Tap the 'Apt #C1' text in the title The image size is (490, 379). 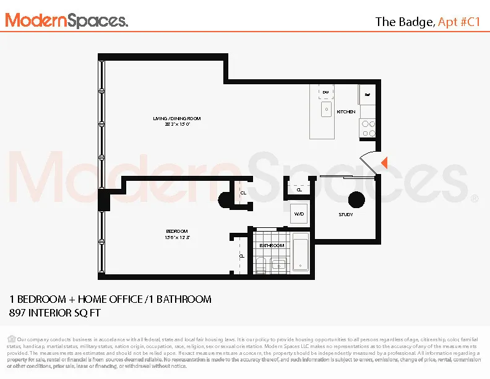(459, 22)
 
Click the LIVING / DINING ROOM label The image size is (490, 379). (177, 118)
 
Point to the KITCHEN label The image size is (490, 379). (346, 111)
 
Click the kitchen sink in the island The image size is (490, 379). (325, 110)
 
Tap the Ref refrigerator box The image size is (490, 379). (367, 95)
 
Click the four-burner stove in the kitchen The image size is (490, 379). (368, 128)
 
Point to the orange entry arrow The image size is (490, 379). (384, 163)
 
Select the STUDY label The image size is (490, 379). (346, 215)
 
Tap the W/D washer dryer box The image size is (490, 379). (299, 214)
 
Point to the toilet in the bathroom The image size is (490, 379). (261, 266)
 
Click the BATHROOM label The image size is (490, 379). (272, 245)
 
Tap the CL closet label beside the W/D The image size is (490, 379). (299, 190)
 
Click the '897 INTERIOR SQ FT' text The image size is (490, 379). (54, 313)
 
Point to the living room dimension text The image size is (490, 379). (177, 124)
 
